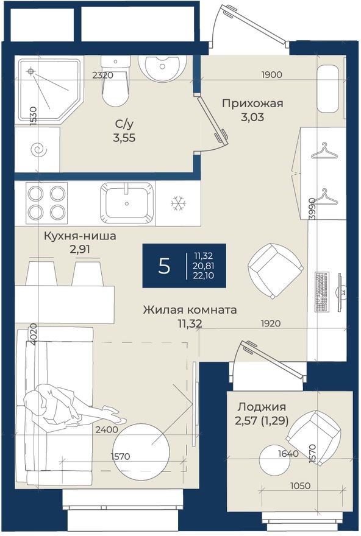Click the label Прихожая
tap(252, 103)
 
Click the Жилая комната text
tap(190, 310)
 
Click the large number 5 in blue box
tap(163, 266)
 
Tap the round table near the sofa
tap(141, 449)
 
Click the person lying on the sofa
tap(67, 406)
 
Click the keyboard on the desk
tap(322, 291)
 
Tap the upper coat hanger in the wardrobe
tap(324, 150)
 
